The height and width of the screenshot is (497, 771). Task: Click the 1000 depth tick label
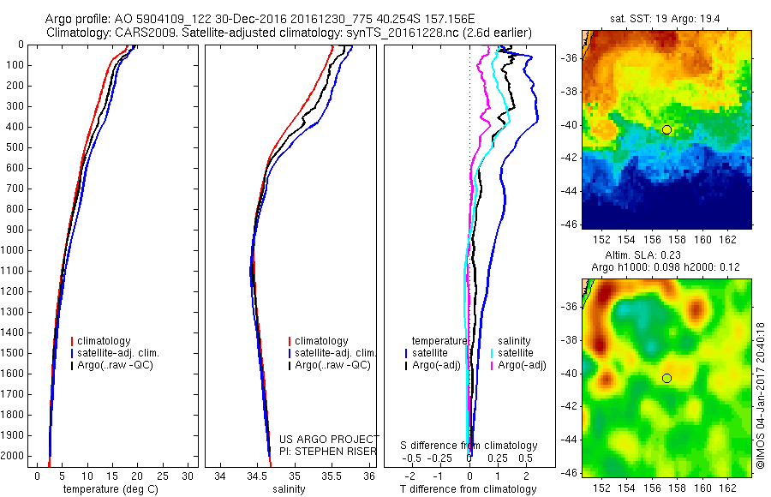tap(14, 250)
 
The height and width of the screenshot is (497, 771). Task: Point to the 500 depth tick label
tap(16, 147)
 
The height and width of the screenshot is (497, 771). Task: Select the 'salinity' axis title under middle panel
tap(287, 489)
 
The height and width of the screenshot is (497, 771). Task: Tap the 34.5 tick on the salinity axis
tap(255, 474)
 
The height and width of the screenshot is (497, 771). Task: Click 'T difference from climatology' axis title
tap(469, 489)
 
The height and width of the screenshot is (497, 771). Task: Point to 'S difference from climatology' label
tap(469, 446)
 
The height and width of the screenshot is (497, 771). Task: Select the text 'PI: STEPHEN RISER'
tap(329, 449)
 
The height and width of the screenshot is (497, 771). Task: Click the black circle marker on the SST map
tap(666, 129)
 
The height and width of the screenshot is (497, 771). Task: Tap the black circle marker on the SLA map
tap(666, 378)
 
